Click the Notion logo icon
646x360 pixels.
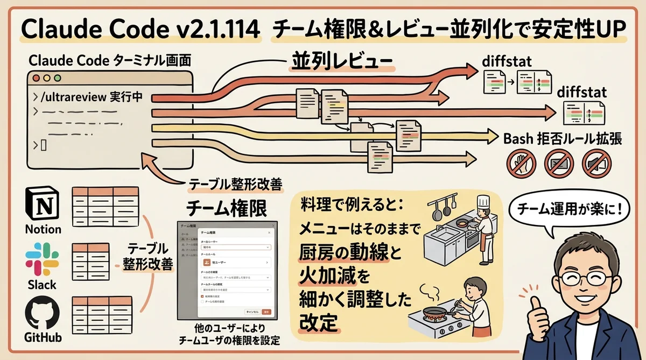tap(43, 204)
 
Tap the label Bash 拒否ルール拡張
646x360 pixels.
tap(562, 139)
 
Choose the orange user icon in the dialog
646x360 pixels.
tap(207, 262)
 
